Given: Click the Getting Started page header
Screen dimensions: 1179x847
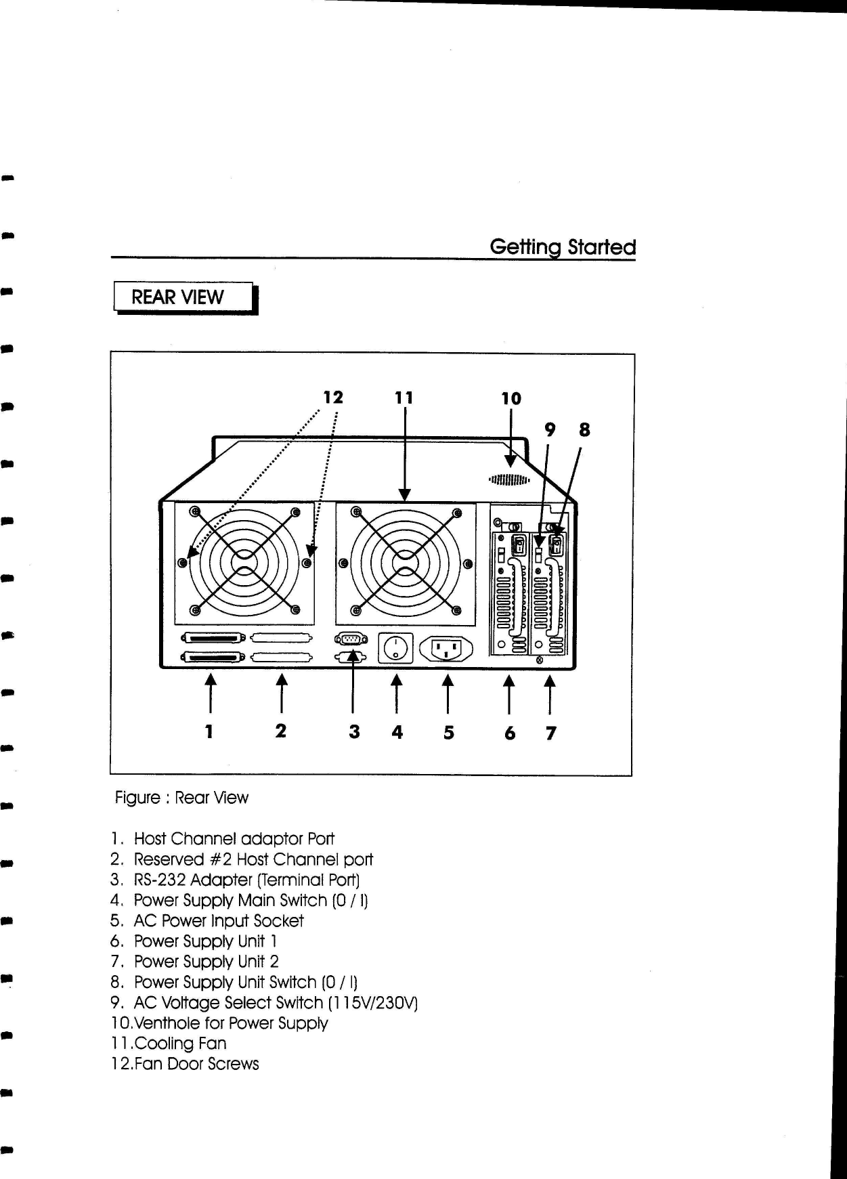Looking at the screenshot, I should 563,247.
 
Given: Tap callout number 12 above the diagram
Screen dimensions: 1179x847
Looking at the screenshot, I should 332,397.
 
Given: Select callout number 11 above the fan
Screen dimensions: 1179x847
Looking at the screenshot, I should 404,398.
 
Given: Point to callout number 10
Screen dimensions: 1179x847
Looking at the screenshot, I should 511,398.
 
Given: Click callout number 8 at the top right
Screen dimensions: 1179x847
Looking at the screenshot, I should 584,430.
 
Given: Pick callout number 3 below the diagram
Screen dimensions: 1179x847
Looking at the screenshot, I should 353,732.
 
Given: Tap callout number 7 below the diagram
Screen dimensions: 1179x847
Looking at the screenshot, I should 550,733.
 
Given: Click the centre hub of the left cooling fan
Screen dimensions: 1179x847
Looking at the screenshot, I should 244,563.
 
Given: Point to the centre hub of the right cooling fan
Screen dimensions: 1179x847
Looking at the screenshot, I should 405,563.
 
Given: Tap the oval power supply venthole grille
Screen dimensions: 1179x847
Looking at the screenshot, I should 508,481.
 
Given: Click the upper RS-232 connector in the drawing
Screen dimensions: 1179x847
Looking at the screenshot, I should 351,639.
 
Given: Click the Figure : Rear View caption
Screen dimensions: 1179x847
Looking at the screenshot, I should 181,798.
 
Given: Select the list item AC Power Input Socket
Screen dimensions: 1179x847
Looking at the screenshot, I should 218,921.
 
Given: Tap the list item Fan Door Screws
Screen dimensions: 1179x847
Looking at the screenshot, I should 196,1064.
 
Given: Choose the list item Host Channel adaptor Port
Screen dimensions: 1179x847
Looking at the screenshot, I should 234,839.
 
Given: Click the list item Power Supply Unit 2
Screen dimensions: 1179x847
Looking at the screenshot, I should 206,962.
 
